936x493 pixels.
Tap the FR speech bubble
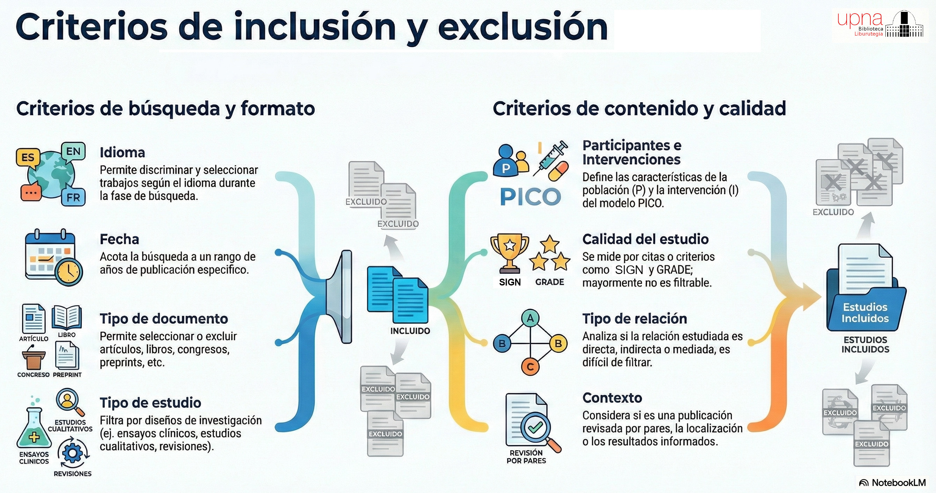tap(73, 197)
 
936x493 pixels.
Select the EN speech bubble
tap(73, 151)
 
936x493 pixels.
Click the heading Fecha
tap(119, 239)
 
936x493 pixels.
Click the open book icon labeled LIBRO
tap(67, 317)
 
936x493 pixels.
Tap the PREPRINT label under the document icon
tap(67, 375)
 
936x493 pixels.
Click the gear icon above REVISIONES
tap(73, 453)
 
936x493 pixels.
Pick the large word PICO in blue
tap(530, 197)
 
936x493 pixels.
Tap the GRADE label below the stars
tap(549, 282)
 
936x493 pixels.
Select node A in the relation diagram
tap(530, 318)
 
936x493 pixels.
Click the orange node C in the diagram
tap(530, 367)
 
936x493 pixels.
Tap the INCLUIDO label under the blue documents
tap(410, 331)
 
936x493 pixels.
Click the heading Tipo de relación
tap(634, 319)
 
